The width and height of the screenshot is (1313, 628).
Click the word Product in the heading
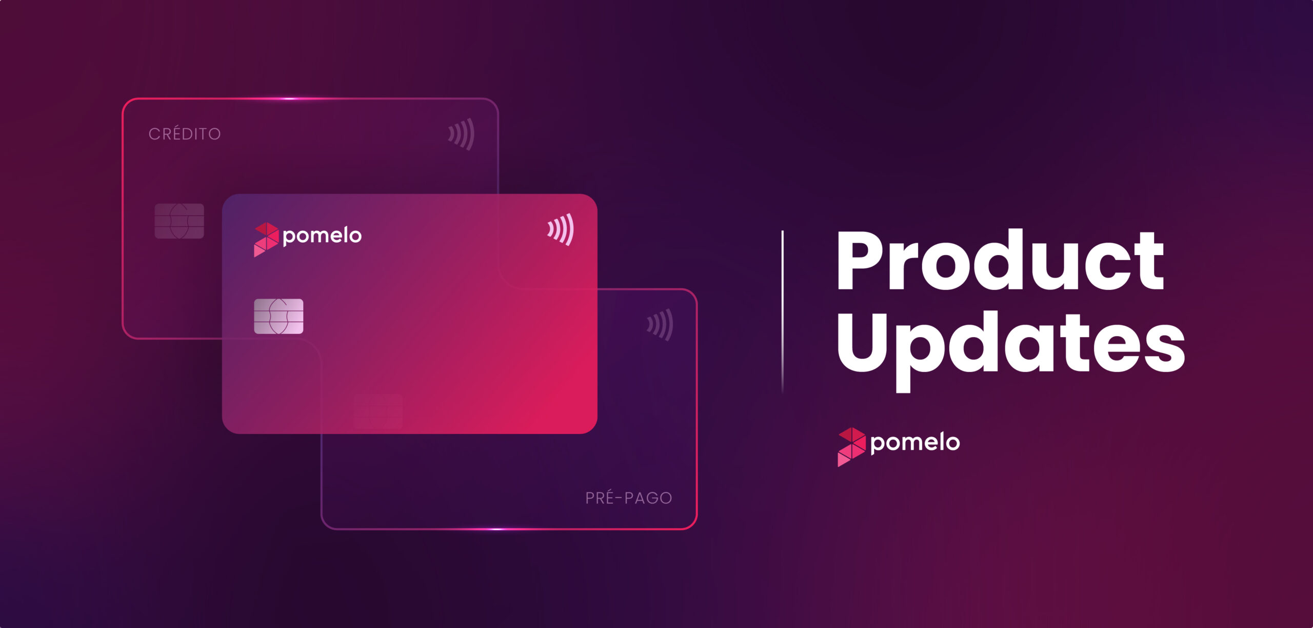click(x=1000, y=260)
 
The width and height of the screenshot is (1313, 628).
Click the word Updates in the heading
click(x=1011, y=349)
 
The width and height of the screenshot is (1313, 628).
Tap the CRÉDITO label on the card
click(x=185, y=133)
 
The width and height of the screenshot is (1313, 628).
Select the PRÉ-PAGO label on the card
click(x=629, y=498)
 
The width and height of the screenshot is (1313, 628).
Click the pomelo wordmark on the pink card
click(x=322, y=237)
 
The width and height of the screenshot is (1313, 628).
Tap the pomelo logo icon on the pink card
click(x=266, y=240)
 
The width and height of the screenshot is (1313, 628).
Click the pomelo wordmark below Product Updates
click(x=915, y=443)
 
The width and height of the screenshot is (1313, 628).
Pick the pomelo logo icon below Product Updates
click(x=851, y=447)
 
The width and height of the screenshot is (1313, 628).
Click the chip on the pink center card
click(x=278, y=317)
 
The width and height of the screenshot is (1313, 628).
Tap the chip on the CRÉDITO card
click(x=179, y=221)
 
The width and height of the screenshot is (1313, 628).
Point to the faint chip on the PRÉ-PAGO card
click(x=378, y=411)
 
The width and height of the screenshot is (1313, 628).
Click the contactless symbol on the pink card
click(x=561, y=229)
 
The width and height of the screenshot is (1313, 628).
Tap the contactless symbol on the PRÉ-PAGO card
click(x=660, y=325)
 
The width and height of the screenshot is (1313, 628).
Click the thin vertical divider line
click(x=783, y=312)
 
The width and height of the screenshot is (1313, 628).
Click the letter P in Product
click(x=861, y=260)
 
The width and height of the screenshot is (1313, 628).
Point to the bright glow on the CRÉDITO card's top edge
click(x=290, y=99)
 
